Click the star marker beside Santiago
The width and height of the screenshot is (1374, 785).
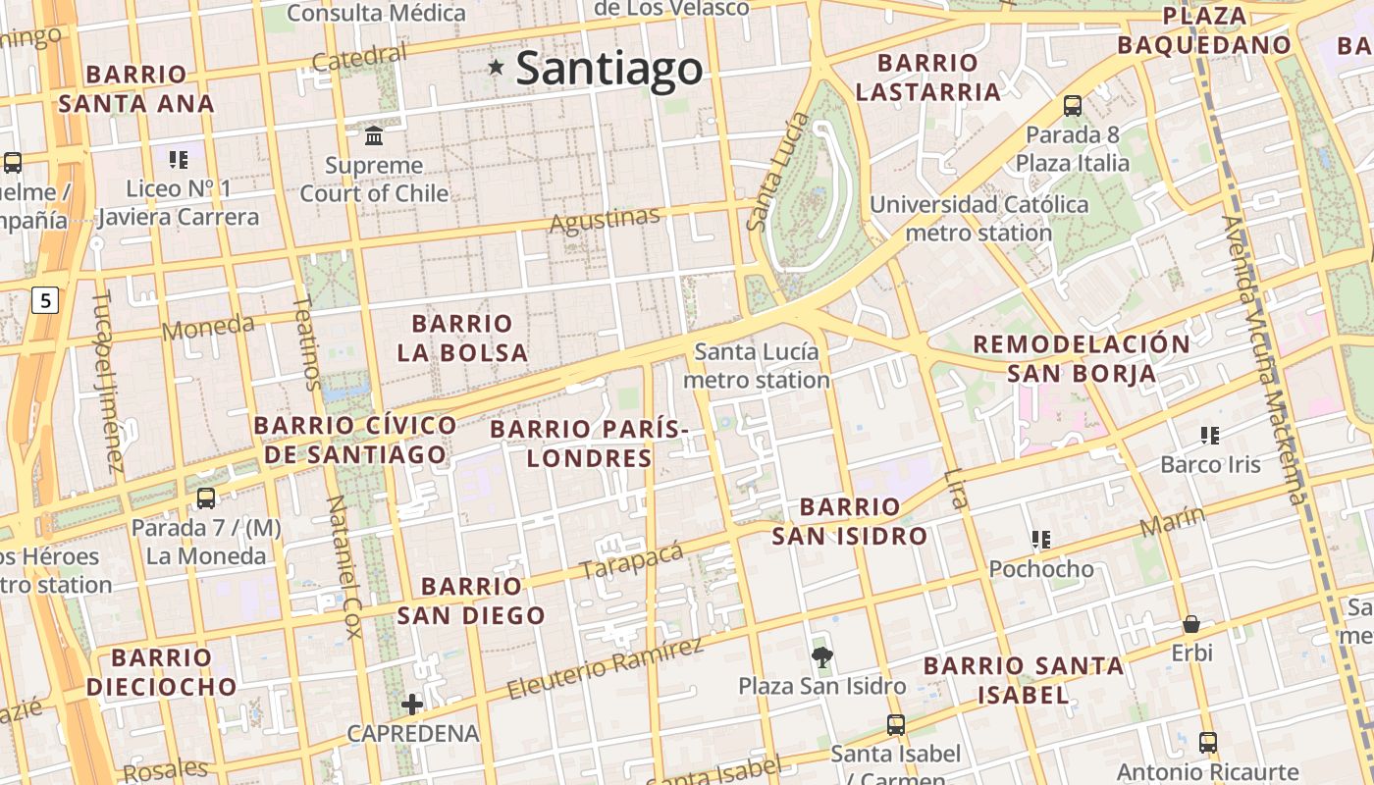(x=497, y=67)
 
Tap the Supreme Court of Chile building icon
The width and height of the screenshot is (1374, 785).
(x=374, y=134)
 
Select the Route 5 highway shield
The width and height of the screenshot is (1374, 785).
(x=44, y=300)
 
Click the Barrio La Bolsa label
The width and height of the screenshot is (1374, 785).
(x=462, y=338)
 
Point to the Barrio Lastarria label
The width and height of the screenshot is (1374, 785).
(x=927, y=78)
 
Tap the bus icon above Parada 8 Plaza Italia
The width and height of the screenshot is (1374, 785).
(x=1073, y=106)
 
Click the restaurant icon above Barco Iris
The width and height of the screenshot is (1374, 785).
(x=1209, y=435)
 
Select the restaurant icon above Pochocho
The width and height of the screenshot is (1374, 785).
(x=1040, y=539)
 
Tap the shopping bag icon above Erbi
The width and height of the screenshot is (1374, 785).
(x=1191, y=624)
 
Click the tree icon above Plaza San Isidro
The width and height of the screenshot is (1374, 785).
(x=821, y=656)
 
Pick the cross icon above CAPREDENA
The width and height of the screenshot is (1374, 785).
(x=412, y=704)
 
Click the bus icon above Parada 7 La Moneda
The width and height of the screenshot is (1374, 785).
(x=206, y=497)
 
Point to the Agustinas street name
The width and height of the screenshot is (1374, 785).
(x=605, y=220)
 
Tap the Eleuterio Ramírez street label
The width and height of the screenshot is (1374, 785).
(x=605, y=668)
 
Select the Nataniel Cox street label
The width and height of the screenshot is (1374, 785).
(x=344, y=566)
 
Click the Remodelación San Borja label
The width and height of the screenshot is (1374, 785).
(x=1081, y=358)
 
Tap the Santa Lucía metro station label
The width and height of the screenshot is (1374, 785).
(x=756, y=365)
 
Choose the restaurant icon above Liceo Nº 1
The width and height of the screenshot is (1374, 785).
(x=178, y=159)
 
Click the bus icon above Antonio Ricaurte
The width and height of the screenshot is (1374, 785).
(x=1208, y=743)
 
